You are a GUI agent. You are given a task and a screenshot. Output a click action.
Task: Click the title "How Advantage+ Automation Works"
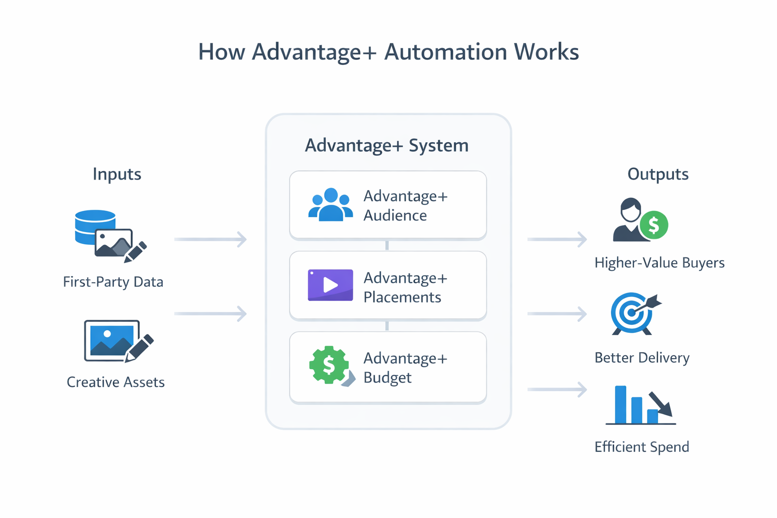388,52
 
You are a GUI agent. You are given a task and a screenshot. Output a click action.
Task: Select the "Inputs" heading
117,174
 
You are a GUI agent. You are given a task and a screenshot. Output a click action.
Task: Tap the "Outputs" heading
658,174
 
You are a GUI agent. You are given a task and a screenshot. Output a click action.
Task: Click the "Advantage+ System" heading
386,146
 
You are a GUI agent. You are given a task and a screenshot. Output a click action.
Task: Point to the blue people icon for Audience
330,205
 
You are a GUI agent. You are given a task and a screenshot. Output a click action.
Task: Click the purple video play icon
330,285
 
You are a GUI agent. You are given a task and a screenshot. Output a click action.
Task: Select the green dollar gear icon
329,365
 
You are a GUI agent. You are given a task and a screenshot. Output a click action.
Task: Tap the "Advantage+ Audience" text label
405,205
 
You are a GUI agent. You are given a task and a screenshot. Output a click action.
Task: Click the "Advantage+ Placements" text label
405,287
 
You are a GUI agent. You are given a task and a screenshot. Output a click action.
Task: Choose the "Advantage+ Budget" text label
405,368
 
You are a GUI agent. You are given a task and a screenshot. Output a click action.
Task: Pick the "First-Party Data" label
113,282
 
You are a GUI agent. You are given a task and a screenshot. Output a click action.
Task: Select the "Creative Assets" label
116,382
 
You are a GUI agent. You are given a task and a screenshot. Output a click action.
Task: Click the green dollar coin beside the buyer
654,225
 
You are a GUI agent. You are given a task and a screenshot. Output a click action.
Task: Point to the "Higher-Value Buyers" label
659,263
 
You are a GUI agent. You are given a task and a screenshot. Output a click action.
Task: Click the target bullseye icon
632,313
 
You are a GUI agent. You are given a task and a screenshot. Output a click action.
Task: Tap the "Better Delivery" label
642,358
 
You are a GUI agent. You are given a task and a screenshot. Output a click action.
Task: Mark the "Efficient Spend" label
641,447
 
